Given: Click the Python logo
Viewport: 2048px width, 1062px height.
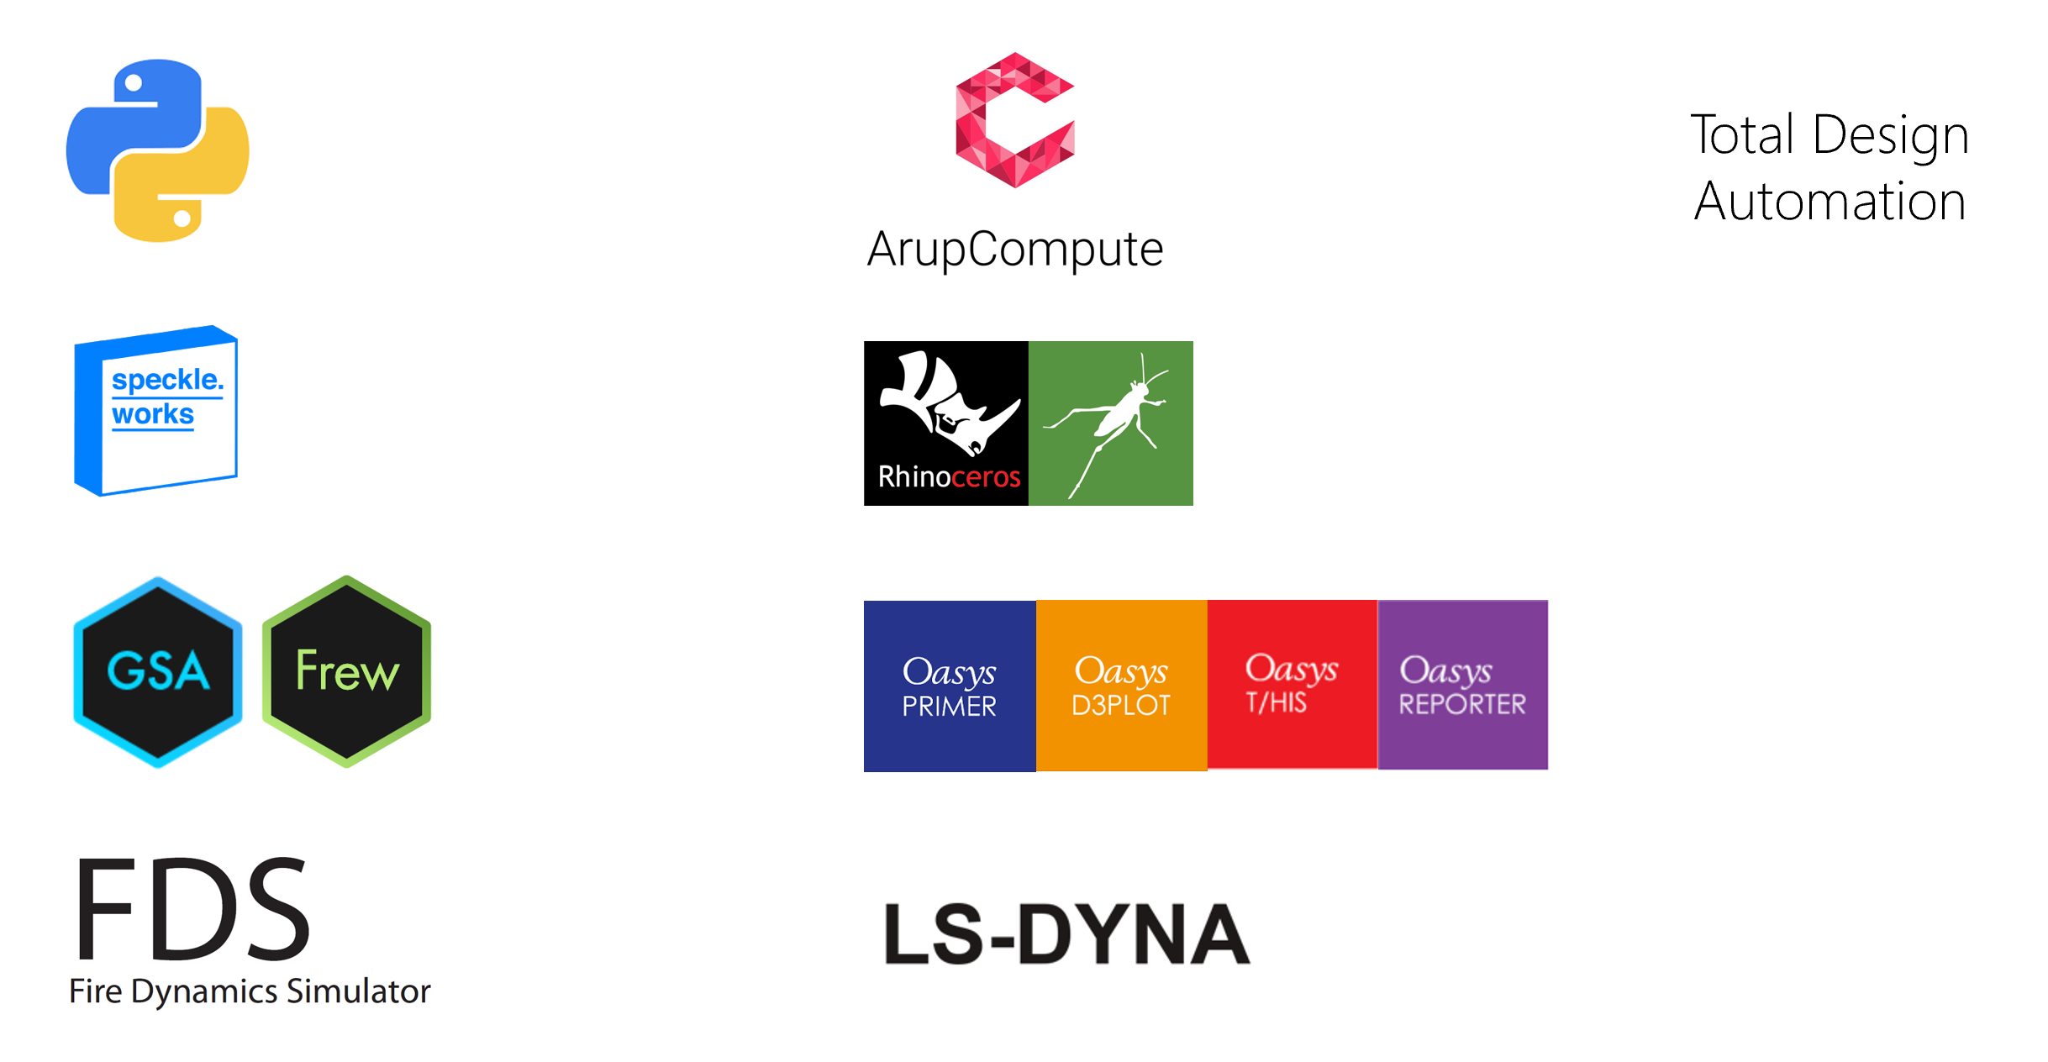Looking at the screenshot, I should [x=158, y=150].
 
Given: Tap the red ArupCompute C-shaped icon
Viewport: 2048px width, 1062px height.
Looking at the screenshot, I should [x=1014, y=120].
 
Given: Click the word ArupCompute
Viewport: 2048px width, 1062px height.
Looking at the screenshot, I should [x=1014, y=250].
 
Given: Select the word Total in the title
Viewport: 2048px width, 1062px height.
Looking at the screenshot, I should [x=1742, y=135].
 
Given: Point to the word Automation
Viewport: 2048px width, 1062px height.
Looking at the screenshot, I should [x=1830, y=202].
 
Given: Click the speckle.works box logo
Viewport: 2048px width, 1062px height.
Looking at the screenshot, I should [x=156, y=410].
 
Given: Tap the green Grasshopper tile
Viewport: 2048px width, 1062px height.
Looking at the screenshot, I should [x=1110, y=423].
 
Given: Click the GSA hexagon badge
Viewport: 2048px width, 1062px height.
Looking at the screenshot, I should [x=158, y=671].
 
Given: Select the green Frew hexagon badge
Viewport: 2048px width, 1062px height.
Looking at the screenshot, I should [x=347, y=671].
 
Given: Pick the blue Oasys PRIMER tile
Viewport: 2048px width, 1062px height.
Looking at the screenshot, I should [x=950, y=686].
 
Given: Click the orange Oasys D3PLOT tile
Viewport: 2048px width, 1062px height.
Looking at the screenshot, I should [x=1121, y=686].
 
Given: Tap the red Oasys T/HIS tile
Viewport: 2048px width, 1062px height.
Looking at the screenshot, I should [x=1292, y=684].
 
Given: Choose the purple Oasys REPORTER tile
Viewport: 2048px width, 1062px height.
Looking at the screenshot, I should [x=1462, y=684].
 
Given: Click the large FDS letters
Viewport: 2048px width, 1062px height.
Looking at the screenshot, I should [x=192, y=909].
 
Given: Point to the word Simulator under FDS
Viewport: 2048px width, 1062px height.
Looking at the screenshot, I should [x=358, y=991].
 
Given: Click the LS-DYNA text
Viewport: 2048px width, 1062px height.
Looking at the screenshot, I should [x=1066, y=933].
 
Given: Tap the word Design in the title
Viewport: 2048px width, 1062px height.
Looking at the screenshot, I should [x=1890, y=135].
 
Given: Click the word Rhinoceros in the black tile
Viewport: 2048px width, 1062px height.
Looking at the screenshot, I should [x=949, y=477].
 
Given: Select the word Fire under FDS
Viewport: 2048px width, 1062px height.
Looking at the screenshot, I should [x=96, y=991].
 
